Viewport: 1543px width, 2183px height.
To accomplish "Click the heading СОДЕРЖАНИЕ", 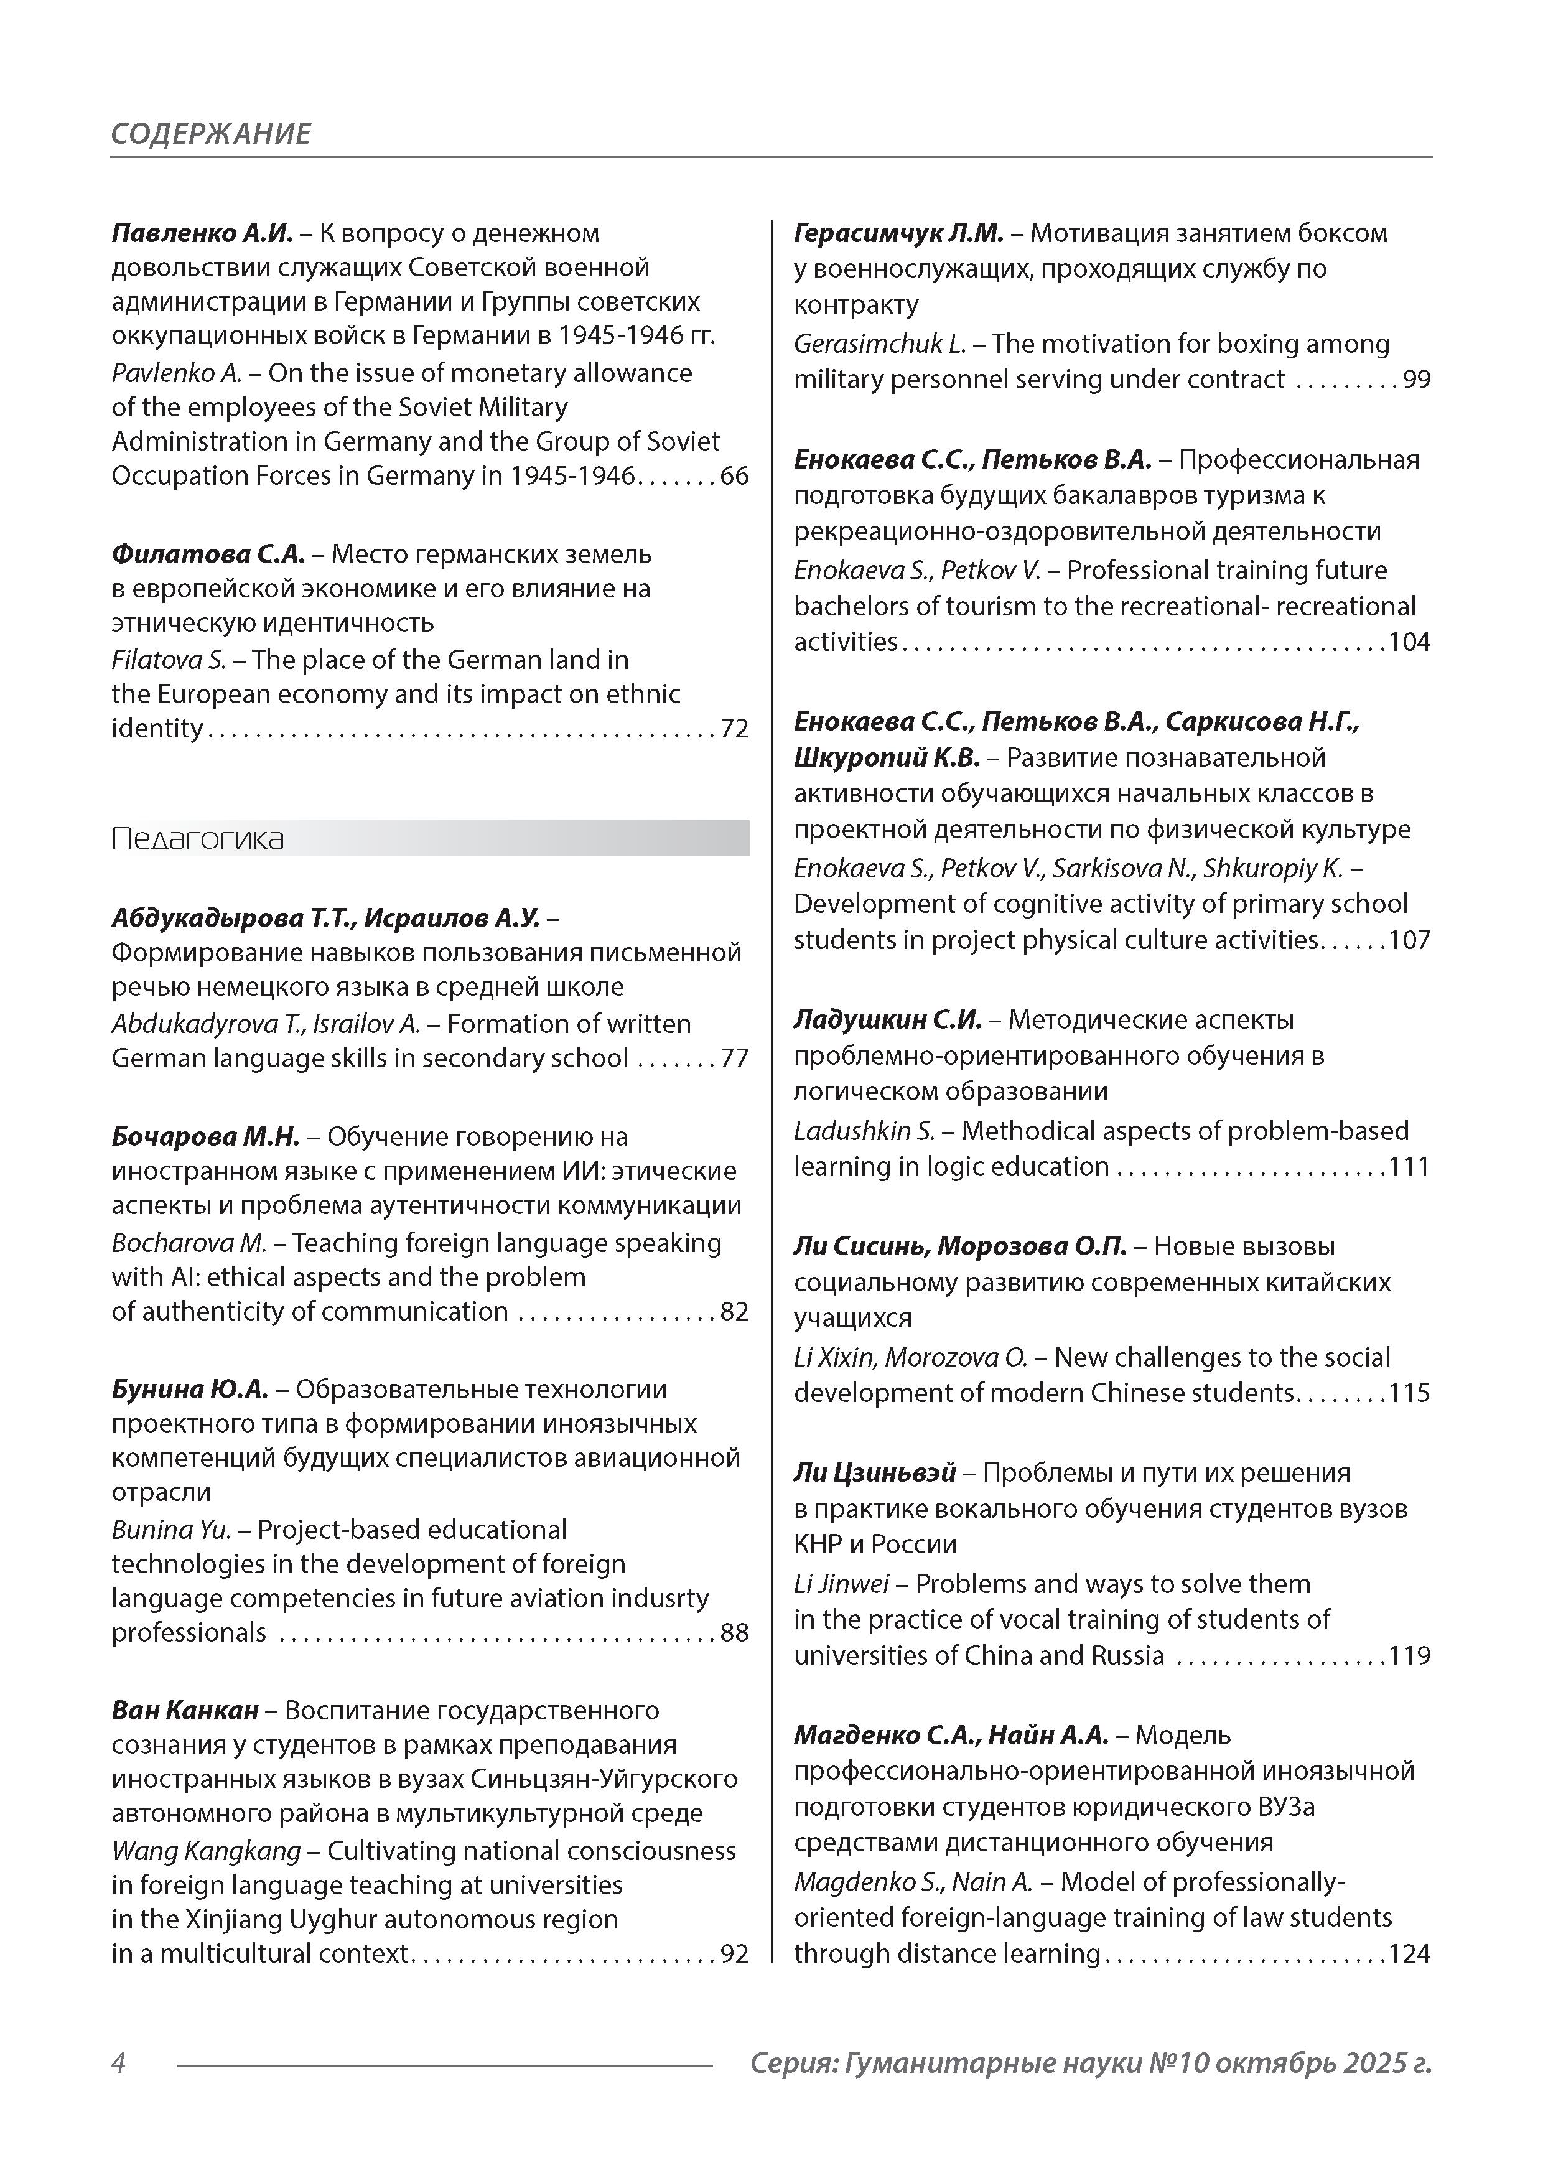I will point(211,133).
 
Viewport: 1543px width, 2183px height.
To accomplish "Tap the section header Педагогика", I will point(198,839).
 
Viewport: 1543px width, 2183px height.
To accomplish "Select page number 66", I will point(734,475).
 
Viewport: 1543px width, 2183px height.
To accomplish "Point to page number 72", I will point(734,728).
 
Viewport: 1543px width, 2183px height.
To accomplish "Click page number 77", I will point(734,1059).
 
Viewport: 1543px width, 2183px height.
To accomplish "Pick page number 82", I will point(734,1311).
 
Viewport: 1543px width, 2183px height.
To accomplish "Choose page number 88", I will point(734,1632).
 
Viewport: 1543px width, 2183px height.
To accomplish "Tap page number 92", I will point(734,1954).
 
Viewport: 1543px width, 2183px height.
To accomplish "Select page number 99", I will point(1417,380).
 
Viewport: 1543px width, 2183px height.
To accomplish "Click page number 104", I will point(1409,642).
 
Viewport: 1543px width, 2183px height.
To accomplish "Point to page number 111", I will point(1409,1167).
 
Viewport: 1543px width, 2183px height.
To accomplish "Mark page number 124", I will point(1409,1954).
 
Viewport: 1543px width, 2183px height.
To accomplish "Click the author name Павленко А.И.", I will point(202,233).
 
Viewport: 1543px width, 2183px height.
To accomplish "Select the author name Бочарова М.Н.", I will point(205,1136).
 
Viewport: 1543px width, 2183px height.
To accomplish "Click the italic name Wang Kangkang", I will point(205,1851).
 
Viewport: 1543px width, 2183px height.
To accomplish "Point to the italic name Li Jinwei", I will point(841,1584).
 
